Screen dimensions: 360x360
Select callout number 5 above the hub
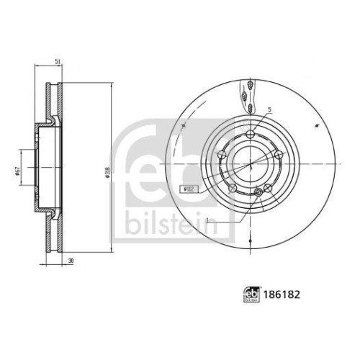[x=269, y=109]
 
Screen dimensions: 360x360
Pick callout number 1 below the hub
[x=206, y=219]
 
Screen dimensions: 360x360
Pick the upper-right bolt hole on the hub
[x=276, y=154]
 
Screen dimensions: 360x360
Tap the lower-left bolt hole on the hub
[x=233, y=189]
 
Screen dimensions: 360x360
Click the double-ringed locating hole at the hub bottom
[x=267, y=188]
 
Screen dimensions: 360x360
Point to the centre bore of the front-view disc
[x=250, y=164]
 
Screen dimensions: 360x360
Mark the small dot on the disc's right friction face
[x=314, y=124]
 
